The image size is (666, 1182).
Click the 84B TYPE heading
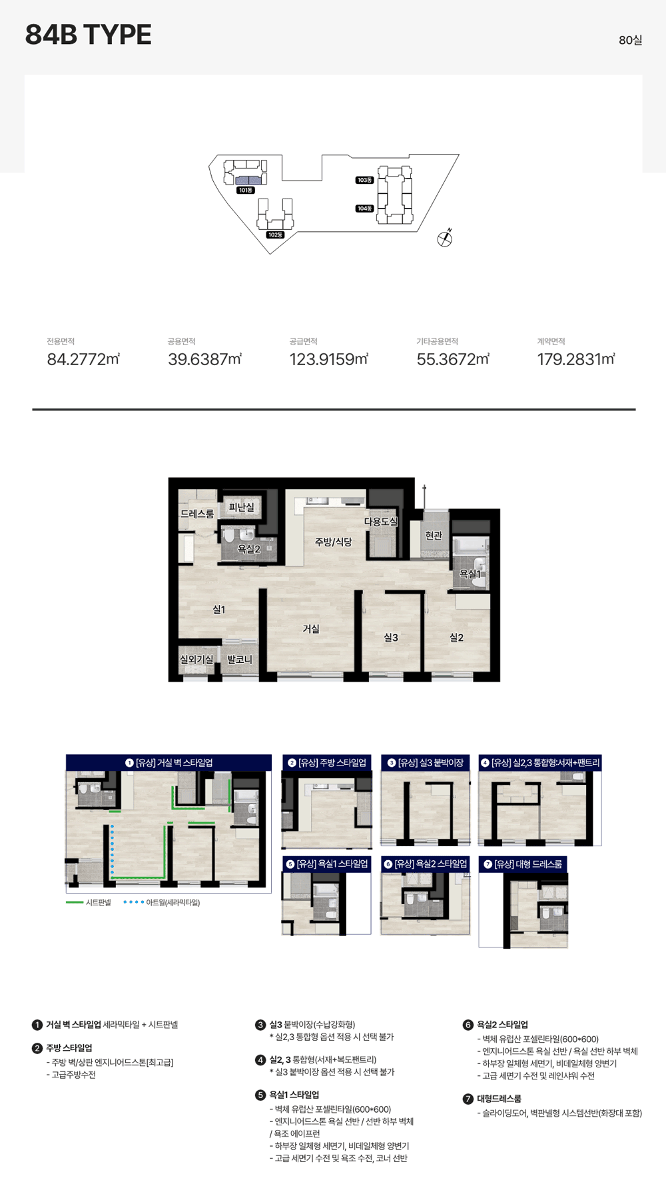point(88,35)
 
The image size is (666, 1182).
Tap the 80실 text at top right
point(630,40)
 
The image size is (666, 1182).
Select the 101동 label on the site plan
point(245,191)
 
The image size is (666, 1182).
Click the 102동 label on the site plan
point(275,235)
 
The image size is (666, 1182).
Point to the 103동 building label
point(364,180)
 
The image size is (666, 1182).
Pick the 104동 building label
point(364,209)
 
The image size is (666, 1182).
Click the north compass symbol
point(445,238)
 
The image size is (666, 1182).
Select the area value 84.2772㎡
point(83,359)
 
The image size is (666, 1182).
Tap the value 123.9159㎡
point(329,359)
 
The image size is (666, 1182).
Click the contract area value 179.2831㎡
point(576,359)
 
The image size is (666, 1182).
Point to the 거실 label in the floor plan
point(311,629)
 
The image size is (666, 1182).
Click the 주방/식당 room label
point(334,542)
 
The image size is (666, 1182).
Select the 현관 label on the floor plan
point(434,535)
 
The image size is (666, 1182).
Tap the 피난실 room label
point(241,507)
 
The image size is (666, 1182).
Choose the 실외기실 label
point(196,659)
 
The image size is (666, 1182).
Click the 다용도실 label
point(381,521)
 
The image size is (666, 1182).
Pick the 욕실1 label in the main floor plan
point(470,574)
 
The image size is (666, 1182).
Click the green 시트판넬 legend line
point(75,902)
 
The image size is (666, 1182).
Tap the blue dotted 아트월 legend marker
point(133,902)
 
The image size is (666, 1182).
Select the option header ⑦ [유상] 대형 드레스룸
point(523,864)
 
